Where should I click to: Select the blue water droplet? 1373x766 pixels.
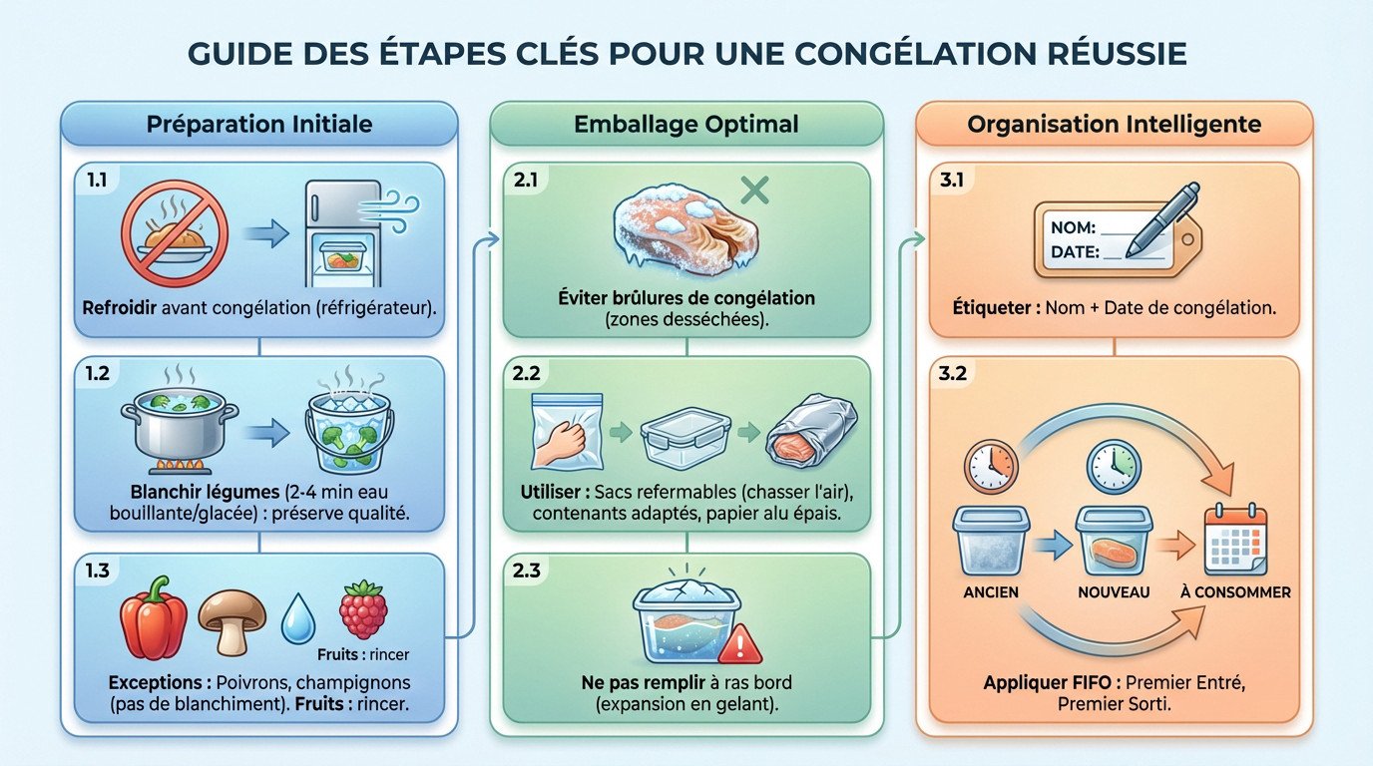pyautogui.click(x=297, y=619)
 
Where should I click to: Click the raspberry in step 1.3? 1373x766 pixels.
pyautogui.click(x=362, y=608)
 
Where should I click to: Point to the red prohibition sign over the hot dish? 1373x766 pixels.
pyautogui.click(x=174, y=233)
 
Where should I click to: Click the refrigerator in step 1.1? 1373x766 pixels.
pyautogui.click(x=342, y=232)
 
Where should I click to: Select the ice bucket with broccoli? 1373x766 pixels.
pyautogui.click(x=345, y=430)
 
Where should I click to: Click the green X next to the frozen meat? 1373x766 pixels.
pyautogui.click(x=755, y=189)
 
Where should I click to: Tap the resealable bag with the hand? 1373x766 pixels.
pyautogui.click(x=567, y=430)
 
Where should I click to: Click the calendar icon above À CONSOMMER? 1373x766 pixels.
pyautogui.click(x=1235, y=540)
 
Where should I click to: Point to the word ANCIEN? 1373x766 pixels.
pyautogui.click(x=990, y=592)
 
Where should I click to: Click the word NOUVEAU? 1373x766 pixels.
pyautogui.click(x=1114, y=592)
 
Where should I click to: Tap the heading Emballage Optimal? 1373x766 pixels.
pyautogui.click(x=686, y=125)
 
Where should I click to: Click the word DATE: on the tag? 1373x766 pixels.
pyautogui.click(x=1075, y=253)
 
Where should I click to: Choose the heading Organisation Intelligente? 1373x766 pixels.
pyautogui.click(x=1114, y=125)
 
